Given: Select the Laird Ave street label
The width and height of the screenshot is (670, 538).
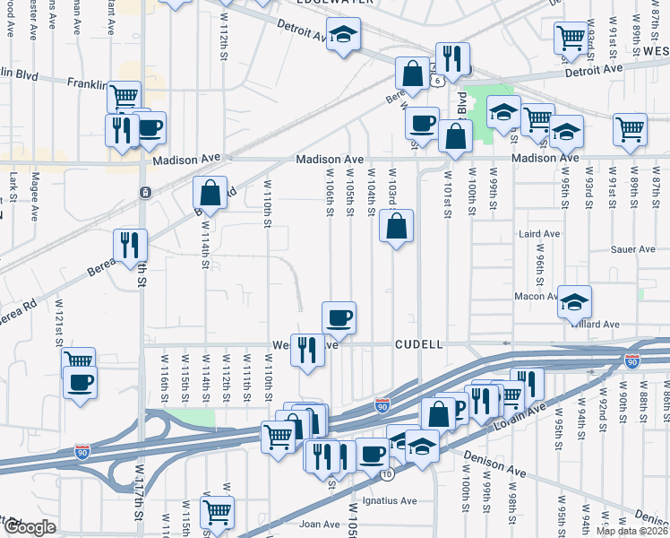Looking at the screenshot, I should (539, 234).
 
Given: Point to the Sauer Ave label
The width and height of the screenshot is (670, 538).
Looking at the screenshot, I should (634, 250).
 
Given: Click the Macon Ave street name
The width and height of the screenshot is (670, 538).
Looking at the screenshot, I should (537, 297).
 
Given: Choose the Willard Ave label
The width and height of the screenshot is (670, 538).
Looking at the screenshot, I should (598, 324).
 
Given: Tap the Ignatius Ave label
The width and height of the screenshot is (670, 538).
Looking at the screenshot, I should (384, 500).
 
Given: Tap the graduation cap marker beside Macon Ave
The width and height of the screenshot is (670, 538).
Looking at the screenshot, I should (574, 302).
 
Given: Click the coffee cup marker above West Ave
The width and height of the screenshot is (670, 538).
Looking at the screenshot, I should (339, 317).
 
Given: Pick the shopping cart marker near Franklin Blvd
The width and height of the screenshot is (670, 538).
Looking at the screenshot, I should (124, 93).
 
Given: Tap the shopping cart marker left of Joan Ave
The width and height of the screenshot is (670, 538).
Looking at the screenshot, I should (217, 513).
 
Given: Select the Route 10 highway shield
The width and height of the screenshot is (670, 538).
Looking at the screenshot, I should (386, 473).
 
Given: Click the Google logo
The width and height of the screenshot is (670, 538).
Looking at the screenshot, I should (29, 527).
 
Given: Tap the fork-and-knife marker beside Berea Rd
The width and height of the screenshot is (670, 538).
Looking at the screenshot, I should (130, 244).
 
